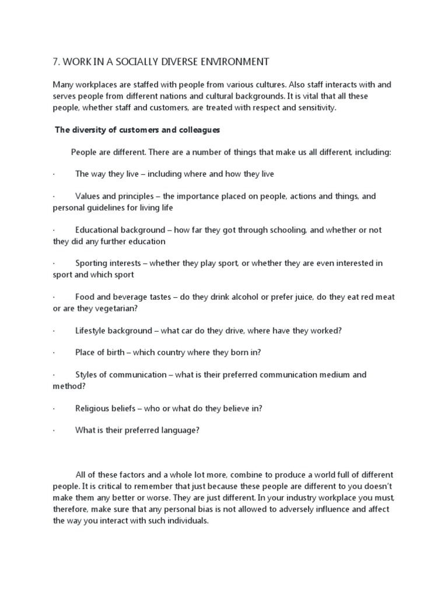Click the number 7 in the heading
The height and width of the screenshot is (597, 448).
point(55,61)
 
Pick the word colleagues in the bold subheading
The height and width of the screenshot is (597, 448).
point(199,130)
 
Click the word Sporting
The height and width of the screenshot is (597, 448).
point(92,264)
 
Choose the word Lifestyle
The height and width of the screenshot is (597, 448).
point(93,331)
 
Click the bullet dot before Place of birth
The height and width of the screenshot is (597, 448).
point(54,353)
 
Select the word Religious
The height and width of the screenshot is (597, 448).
point(93,408)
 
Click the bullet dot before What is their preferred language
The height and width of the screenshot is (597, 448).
point(54,430)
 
